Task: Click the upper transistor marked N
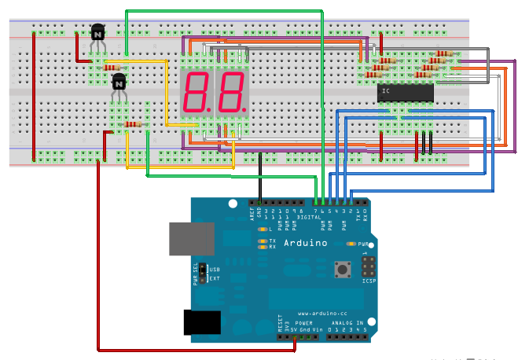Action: pyautogui.click(x=97, y=33)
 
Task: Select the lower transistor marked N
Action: pyautogui.click(x=119, y=82)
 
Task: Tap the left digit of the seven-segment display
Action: pyautogui.click(x=196, y=92)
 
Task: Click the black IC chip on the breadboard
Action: pyautogui.click(x=406, y=93)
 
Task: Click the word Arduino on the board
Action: pyautogui.click(x=306, y=243)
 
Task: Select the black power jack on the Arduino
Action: pyautogui.click(x=202, y=322)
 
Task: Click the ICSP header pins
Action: pyautogui.click(x=369, y=265)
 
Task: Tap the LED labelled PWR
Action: pyautogui.click(x=351, y=244)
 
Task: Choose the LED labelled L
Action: pyautogui.click(x=262, y=229)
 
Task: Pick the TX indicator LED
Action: pyautogui.click(x=262, y=241)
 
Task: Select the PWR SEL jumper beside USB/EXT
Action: pyautogui.click(x=202, y=273)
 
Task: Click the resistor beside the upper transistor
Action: pyautogui.click(x=111, y=68)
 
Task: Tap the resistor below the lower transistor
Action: pyautogui.click(x=133, y=124)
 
